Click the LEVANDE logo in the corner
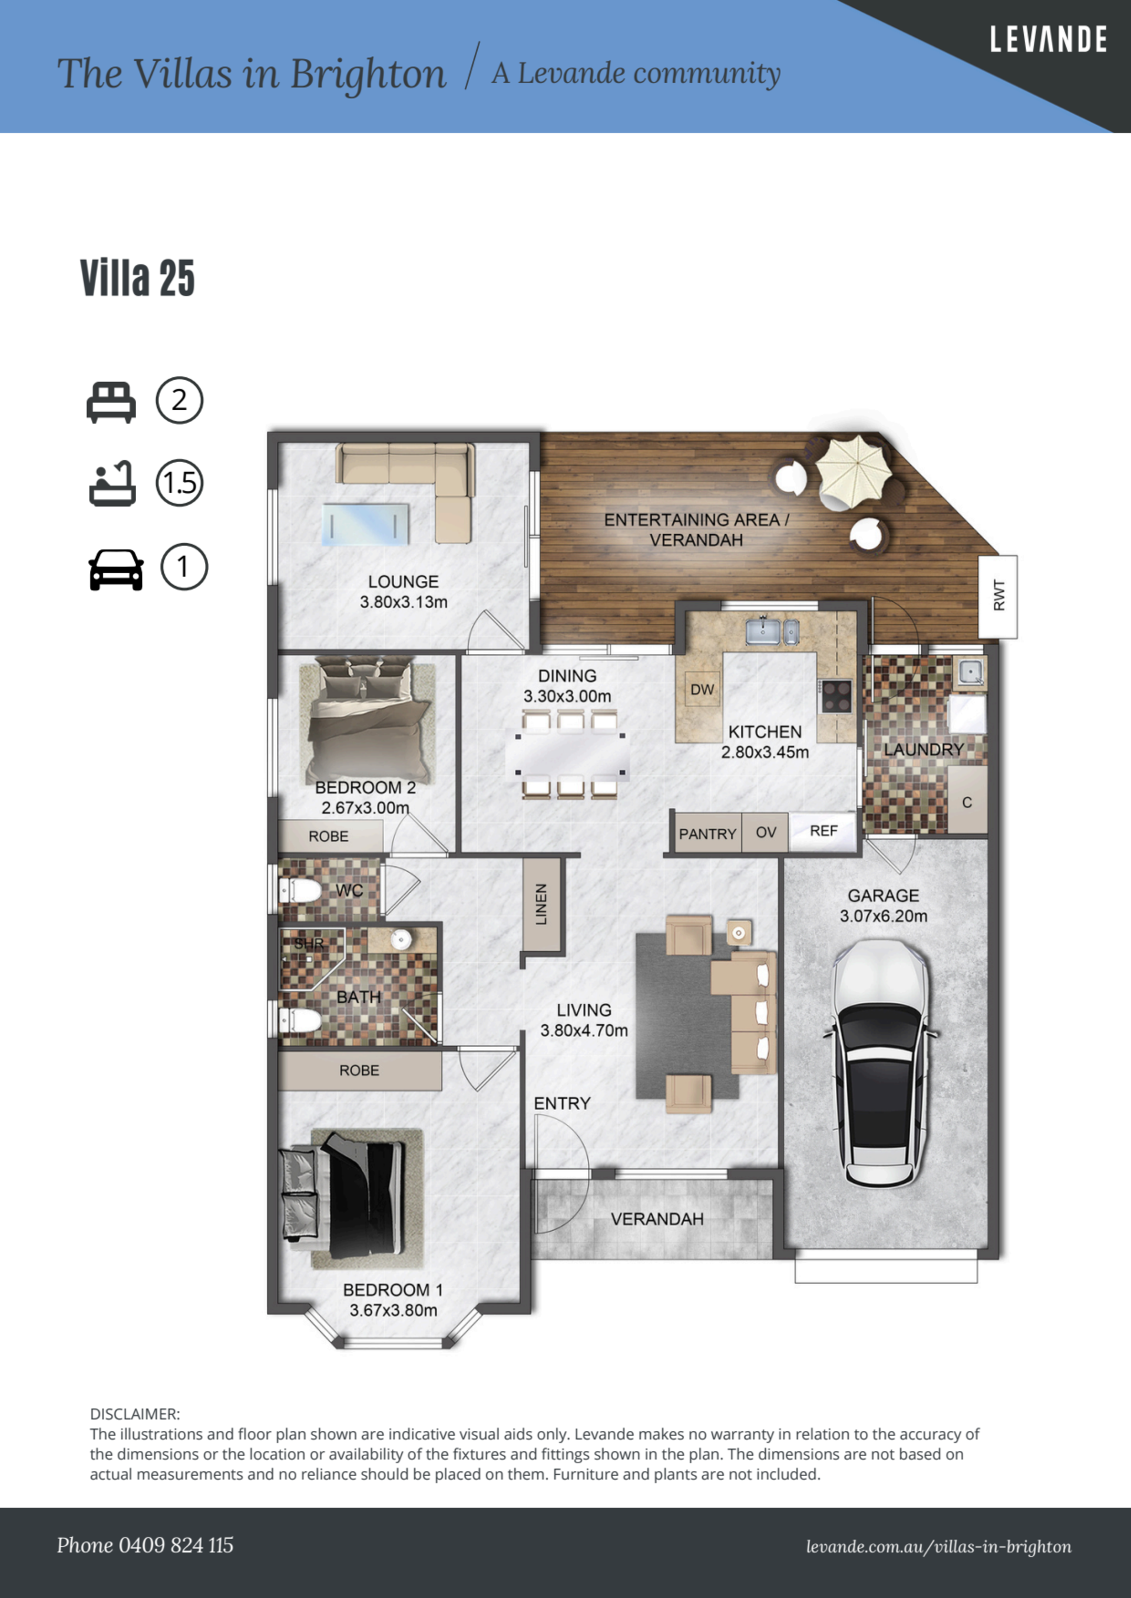1048,39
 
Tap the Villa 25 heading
137,278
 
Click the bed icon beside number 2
111,402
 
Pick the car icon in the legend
116,570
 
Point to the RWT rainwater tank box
997,596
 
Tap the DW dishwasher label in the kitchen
702,689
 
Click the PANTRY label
707,834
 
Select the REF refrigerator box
822,831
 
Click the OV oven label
766,832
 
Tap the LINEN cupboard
541,904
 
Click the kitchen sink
772,632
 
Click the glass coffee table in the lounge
366,524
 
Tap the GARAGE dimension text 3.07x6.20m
883,916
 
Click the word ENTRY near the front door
562,1103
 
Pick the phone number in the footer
145,1545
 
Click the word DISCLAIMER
134,1414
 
